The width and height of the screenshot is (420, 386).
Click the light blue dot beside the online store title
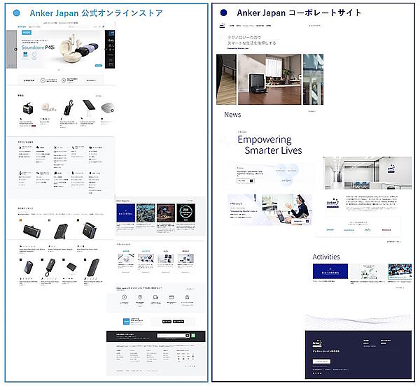click(16, 13)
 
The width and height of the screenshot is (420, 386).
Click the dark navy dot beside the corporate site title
click(223, 13)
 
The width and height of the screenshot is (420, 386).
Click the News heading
click(232, 114)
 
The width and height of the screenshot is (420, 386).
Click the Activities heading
click(326, 257)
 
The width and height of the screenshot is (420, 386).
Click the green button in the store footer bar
click(192, 336)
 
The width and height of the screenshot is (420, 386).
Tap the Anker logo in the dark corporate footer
click(317, 343)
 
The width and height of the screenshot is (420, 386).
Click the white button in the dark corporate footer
click(321, 361)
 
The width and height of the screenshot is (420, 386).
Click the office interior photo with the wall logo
click(367, 172)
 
